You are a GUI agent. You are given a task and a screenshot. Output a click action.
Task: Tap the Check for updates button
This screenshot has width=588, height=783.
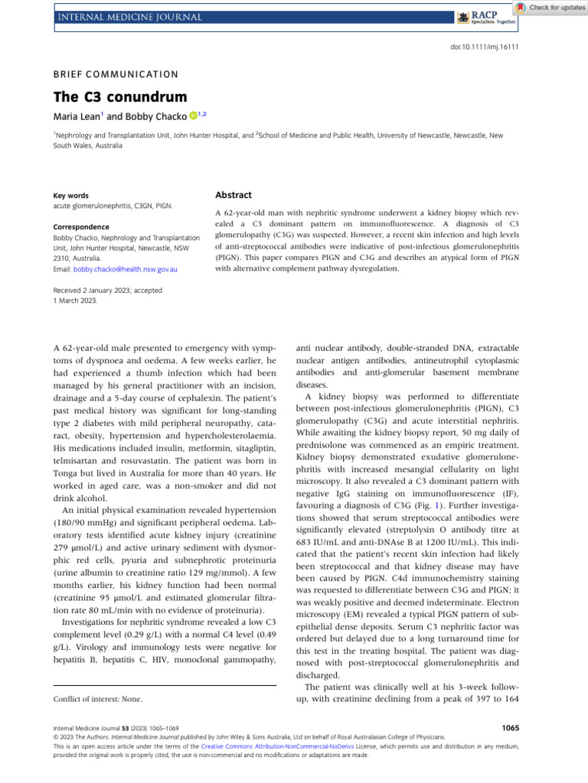pyautogui.click(x=550, y=7)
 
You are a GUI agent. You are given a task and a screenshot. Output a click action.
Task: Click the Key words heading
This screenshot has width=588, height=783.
pyautogui.click(x=70, y=196)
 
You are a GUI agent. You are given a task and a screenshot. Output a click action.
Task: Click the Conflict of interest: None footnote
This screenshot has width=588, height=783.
pyautogui.click(x=98, y=698)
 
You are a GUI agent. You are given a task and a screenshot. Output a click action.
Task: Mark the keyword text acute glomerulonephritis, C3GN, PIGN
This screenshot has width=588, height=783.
pyautogui.click(x=113, y=206)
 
